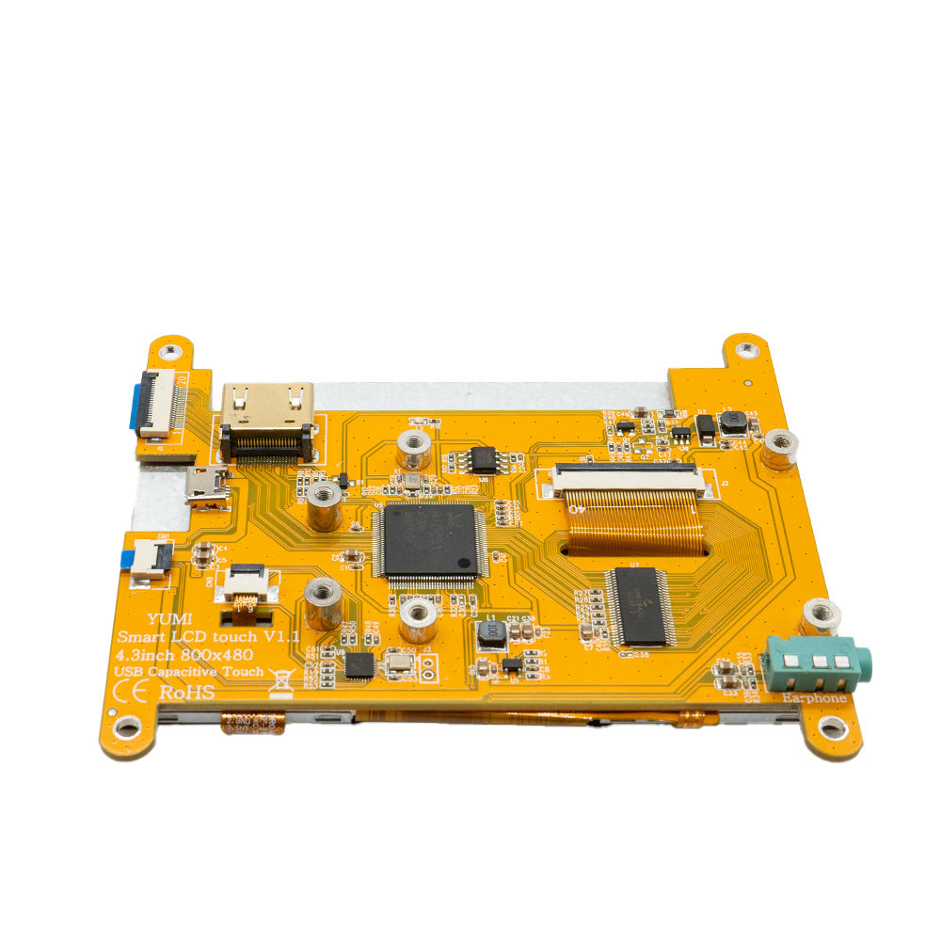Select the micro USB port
point(208,486)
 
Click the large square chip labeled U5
point(428,540)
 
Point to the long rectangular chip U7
point(641,606)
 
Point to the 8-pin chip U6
point(484,459)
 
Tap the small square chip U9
point(359,665)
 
